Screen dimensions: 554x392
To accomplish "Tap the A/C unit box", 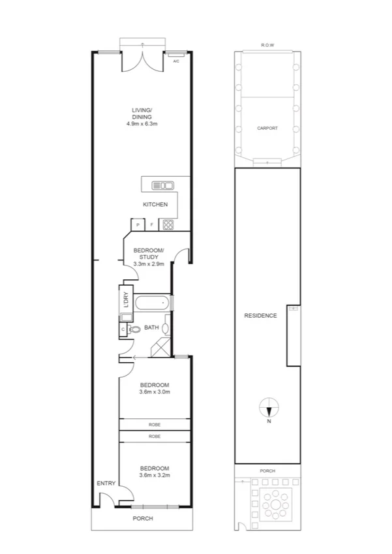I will coord(175,61).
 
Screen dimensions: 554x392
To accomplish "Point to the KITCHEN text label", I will coord(155,205).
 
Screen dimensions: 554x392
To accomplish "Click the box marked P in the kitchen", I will coord(138,225).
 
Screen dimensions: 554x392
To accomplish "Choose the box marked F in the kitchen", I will coord(152,225).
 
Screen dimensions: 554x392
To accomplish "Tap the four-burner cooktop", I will coord(168,225).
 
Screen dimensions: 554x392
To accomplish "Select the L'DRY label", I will coord(125,300).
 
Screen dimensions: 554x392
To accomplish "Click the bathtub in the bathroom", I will coord(152,303).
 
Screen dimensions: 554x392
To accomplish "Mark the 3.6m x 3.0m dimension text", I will coord(154,392).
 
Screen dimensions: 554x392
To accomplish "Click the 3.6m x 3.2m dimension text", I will coord(154,476).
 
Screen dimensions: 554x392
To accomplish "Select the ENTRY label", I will coord(106,484).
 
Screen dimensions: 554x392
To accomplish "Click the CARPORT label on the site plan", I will coord(267,129).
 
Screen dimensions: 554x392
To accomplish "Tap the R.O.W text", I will coord(267,45).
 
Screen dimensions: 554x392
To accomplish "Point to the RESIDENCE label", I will coord(260,316).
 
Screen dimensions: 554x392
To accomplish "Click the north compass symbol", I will coord(268,409).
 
